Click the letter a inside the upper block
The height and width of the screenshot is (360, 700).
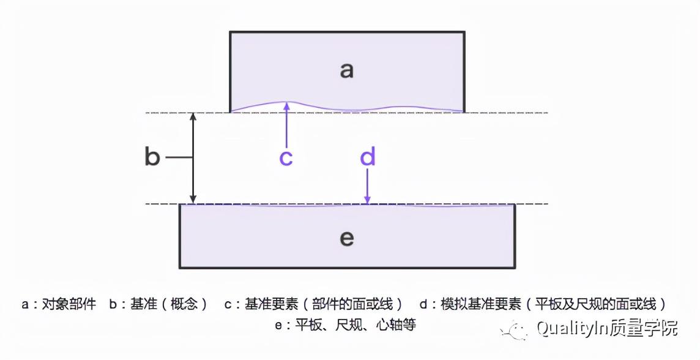pyautogui.click(x=346, y=70)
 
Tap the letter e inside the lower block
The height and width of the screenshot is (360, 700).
pyautogui.click(x=346, y=238)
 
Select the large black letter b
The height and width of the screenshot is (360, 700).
pyautogui.click(x=152, y=157)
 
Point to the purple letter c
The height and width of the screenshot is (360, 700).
pyautogui.click(x=286, y=157)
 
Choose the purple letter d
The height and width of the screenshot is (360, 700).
pyautogui.click(x=367, y=157)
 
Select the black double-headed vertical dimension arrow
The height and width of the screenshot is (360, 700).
pyautogui.click(x=193, y=158)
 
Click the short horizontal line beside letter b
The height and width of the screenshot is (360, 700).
pyautogui.click(x=179, y=157)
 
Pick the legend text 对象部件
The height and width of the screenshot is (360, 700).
pyautogui.click(x=69, y=304)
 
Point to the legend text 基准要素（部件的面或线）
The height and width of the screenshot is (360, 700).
pyautogui.click(x=324, y=304)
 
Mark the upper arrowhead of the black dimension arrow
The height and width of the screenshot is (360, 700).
pyautogui.click(x=193, y=116)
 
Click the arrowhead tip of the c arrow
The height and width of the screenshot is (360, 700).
pyautogui.click(x=286, y=103)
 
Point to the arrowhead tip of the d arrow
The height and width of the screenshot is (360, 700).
pyautogui.click(x=367, y=201)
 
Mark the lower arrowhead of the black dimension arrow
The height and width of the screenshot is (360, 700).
pyautogui.click(x=193, y=200)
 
